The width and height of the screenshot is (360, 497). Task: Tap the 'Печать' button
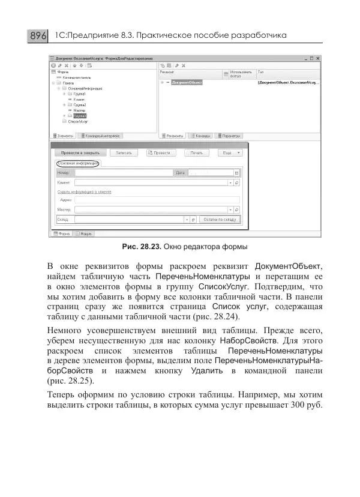tap(197, 152)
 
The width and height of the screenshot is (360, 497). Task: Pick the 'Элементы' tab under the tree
tap(64, 136)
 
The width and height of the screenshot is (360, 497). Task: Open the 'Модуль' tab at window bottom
tap(86, 233)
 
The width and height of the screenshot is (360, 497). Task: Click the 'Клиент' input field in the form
tap(151, 182)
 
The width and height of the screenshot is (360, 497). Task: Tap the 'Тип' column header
tap(261, 71)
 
